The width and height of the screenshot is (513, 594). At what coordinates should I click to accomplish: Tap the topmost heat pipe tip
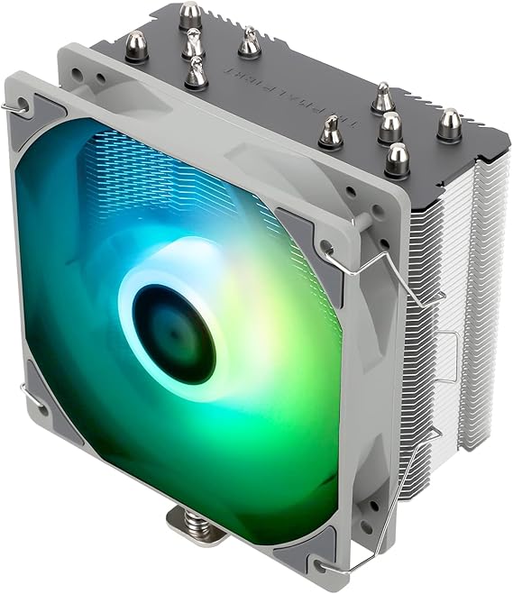190,14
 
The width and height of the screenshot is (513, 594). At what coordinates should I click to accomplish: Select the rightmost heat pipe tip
449,123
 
